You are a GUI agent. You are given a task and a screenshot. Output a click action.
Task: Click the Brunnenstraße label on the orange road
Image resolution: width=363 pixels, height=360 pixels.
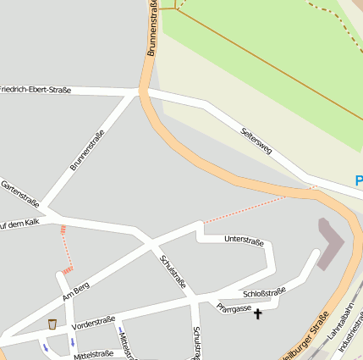pos(153,29)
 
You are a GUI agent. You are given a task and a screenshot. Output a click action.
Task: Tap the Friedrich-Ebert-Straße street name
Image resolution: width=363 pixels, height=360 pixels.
pos(36,90)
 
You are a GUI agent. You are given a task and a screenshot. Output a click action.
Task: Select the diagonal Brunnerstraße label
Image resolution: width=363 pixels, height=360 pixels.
pos(87,150)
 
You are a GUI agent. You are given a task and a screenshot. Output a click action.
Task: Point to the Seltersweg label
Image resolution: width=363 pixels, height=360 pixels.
pos(256,141)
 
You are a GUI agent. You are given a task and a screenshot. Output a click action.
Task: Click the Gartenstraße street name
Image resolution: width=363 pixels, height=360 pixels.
pos(20,194)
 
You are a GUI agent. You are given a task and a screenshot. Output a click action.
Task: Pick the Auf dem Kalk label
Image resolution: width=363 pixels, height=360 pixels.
pos(19,224)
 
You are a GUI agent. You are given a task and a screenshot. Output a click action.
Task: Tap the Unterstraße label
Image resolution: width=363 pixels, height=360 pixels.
pos(244,241)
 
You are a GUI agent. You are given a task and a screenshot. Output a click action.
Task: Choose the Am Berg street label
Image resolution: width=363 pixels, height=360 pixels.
pos(75,291)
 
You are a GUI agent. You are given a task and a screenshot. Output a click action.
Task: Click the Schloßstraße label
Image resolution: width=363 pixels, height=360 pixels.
pos(264,292)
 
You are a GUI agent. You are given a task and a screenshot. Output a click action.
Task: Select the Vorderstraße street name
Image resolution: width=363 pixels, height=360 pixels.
pos(94,321)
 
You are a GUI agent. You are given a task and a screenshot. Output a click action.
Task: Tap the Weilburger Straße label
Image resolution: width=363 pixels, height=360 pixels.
pos(308,335)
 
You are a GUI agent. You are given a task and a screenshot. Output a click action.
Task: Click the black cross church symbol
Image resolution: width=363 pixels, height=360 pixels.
pos(257,314)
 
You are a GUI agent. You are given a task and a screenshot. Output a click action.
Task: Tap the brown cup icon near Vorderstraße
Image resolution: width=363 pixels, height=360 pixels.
pos(52,324)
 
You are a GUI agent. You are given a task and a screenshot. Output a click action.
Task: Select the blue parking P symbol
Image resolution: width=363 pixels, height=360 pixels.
pos(359,181)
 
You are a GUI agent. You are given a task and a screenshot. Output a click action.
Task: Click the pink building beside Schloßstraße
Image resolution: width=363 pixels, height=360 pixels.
pos(330,243)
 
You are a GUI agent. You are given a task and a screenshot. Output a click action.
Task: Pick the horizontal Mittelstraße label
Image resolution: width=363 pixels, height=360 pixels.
pos(93,354)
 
